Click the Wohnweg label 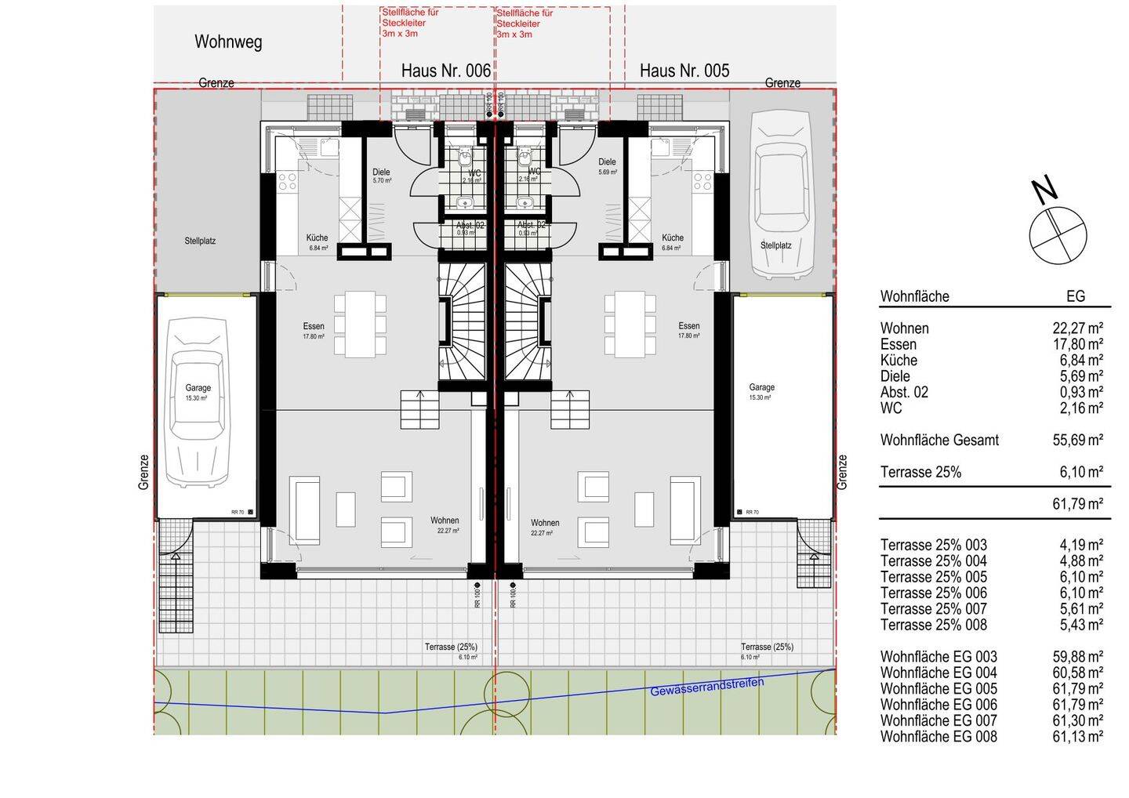coord(228,42)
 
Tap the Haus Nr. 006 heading coord(445,71)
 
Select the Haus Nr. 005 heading coord(684,71)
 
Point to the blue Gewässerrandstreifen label coord(706,687)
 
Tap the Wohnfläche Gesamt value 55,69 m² coord(1077,441)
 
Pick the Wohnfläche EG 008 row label coord(938,737)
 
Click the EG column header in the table coord(1075,296)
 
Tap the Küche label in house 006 coord(317,238)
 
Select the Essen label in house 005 coord(689,326)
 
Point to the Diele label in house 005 coord(607,162)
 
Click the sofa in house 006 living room coord(304,510)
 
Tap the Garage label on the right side coord(761,387)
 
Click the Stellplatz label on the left coord(200,241)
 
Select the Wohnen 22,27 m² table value coord(1077,328)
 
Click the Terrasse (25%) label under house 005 coord(767,647)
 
